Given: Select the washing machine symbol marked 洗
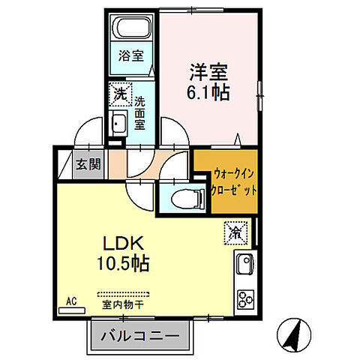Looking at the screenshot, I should coord(119,94).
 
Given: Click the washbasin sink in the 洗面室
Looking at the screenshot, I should coord(118,124).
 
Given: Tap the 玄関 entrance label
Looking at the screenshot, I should coord(83,163).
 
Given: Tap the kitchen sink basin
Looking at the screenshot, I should coord(245,265).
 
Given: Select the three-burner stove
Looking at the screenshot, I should coord(245,298).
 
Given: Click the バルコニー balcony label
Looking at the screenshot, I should coord(138,334).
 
